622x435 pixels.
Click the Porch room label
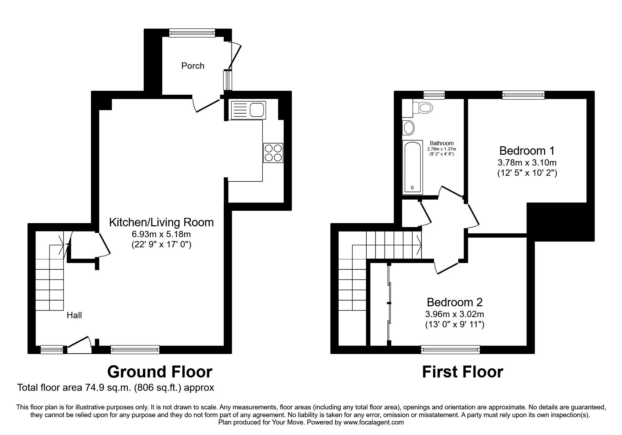(x=192, y=66)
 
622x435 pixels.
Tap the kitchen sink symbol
(x=247, y=110)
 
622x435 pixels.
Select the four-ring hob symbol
(x=273, y=153)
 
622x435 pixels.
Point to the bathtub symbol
(x=412, y=167)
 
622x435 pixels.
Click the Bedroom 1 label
(x=526, y=151)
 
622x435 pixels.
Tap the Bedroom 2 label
(x=454, y=302)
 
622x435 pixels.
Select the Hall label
(x=74, y=315)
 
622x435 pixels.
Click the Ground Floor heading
(x=160, y=372)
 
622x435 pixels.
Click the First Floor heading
(x=462, y=372)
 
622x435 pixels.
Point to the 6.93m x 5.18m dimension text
(x=161, y=234)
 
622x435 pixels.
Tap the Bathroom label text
(x=441, y=143)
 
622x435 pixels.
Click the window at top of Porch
(x=191, y=33)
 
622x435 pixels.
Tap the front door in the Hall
(x=79, y=344)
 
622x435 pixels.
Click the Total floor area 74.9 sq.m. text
(x=116, y=388)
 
